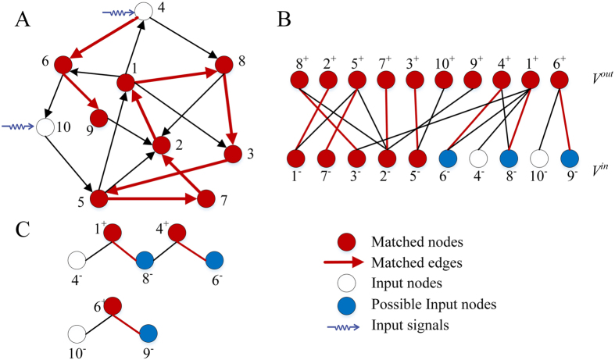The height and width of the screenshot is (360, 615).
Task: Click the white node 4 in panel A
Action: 144,11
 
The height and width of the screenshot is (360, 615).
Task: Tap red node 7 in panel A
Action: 206,199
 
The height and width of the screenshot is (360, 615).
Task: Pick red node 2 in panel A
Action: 162,144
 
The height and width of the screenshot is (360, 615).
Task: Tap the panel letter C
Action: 23,231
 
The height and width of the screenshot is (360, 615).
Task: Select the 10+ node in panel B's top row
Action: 444,80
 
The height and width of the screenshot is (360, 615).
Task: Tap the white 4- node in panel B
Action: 479,158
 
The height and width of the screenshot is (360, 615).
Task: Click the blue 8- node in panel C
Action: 145,260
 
